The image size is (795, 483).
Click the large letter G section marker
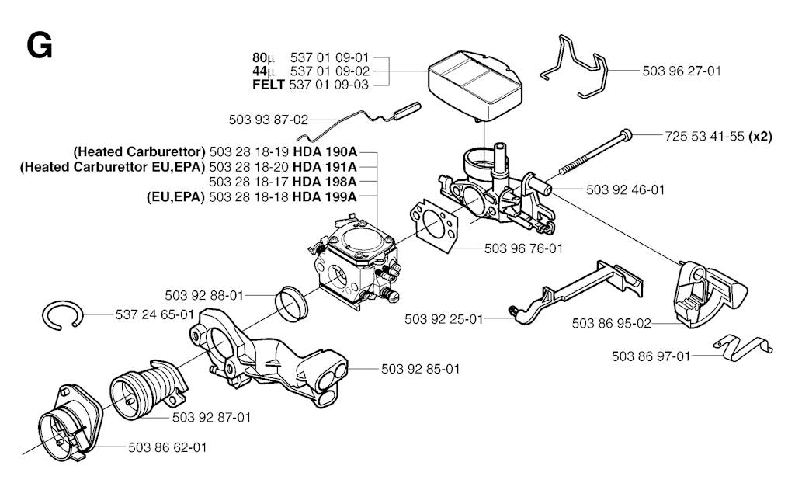tap(39, 47)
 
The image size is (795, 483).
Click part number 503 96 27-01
tap(682, 71)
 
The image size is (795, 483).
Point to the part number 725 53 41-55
tap(705, 136)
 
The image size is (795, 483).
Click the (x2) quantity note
tap(760, 136)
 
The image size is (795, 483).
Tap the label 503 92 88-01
tap(204, 295)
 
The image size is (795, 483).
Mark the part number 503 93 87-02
tap(269, 120)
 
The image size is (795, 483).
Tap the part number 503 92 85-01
tap(420, 369)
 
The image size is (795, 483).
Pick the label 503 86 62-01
tap(168, 447)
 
